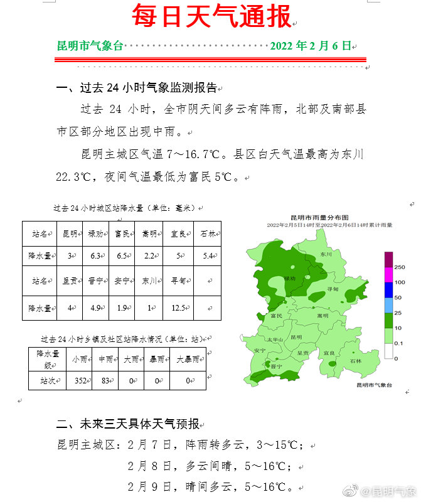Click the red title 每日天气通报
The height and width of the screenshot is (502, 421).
(x=211, y=17)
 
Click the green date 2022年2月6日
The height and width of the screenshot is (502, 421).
(x=310, y=46)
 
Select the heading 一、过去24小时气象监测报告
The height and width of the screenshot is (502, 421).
(x=136, y=87)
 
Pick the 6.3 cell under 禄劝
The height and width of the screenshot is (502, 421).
(x=95, y=256)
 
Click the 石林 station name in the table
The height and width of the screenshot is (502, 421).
(x=207, y=234)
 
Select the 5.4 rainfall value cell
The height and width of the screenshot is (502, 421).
(x=207, y=256)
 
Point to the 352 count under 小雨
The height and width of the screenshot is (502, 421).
(x=79, y=380)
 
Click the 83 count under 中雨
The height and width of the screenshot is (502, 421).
(x=105, y=380)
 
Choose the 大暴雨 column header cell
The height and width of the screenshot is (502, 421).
(x=188, y=360)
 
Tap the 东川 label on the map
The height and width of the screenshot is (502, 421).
(x=325, y=255)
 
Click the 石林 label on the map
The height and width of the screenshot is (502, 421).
(x=355, y=361)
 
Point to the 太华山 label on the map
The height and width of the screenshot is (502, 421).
(x=276, y=339)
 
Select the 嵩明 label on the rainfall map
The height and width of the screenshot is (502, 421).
(x=322, y=316)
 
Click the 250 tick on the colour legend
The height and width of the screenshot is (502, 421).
(x=399, y=267)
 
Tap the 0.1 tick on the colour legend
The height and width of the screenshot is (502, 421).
(x=399, y=343)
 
